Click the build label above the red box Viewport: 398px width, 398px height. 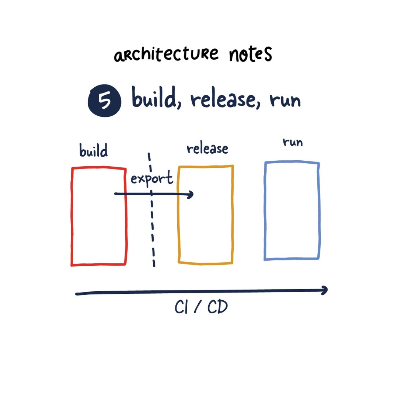point(94,151)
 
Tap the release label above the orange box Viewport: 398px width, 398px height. point(207,149)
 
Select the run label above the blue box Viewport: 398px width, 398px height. point(293,142)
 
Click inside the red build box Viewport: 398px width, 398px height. point(99,228)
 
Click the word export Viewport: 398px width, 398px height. point(151,179)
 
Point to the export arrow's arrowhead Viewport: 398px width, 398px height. point(191,195)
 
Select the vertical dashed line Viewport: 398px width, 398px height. point(152,228)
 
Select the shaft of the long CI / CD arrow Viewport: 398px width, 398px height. point(199,292)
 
